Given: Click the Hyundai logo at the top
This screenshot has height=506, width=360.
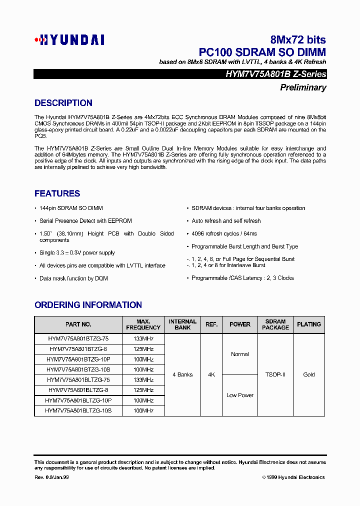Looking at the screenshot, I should tap(69, 40).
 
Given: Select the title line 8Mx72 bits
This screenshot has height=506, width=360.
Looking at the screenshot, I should tap(298, 40).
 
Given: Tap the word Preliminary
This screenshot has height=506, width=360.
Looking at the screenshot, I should tap(303, 87).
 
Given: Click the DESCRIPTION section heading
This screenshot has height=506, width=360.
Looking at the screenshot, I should tap(63, 103).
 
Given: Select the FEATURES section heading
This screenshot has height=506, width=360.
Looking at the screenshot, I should tap(57, 193).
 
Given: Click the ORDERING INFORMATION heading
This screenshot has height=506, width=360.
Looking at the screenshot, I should tap(88, 305).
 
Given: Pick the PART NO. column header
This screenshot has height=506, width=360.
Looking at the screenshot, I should tap(78, 324).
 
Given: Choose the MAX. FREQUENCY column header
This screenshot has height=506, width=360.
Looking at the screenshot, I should tap(143, 324).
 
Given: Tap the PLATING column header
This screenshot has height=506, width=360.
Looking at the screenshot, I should tap(309, 324).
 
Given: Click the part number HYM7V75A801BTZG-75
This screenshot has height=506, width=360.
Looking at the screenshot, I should tap(78, 338).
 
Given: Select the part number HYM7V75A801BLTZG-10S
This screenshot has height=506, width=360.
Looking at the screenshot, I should tap(78, 410).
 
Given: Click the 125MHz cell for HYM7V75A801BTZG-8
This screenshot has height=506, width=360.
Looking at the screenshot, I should tap(143, 349).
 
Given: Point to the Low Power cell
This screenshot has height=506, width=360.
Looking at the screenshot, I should tap(240, 395).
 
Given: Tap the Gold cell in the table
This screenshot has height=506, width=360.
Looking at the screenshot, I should tap(309, 374).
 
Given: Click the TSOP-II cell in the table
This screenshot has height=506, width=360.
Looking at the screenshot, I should tap(275, 374).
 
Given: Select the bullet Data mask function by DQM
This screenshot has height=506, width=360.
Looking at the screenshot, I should tap(73, 278).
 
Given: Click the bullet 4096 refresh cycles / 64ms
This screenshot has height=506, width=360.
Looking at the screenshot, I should tap(224, 233).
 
